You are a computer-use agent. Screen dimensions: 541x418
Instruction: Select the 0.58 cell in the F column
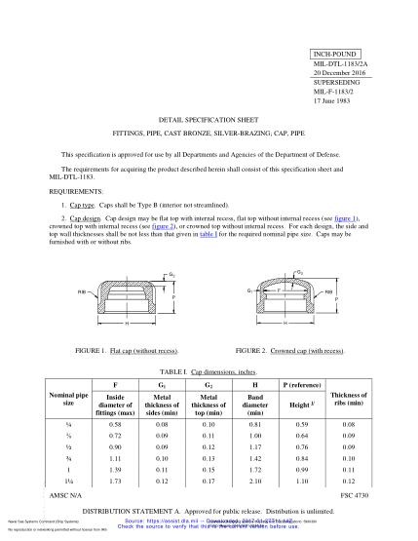click(116, 425)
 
